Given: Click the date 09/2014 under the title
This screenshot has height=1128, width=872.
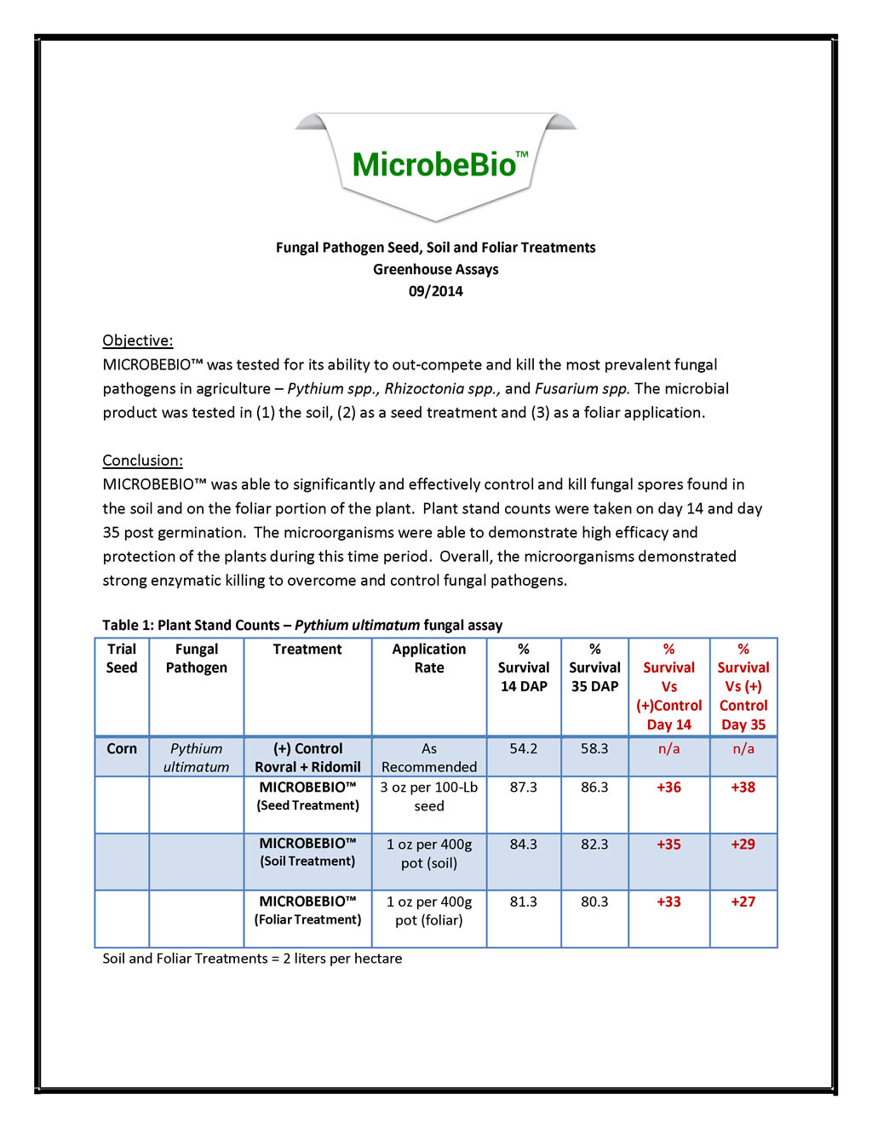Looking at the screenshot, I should coord(435,291).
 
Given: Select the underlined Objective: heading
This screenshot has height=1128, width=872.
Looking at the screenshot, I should coord(137,341).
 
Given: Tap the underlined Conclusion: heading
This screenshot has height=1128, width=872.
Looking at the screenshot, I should coord(142,461).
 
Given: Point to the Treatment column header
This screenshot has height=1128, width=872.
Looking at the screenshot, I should coord(307,650).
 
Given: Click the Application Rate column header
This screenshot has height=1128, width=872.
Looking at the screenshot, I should coord(428,658).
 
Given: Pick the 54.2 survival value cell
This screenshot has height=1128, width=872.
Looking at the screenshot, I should coord(523,749).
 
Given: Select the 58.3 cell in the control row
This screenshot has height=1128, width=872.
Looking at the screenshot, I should coord(594,749).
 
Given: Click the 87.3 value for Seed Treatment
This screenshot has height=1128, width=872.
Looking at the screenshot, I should coord(523,787).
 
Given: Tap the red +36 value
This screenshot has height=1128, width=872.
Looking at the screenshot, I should coord(668,787).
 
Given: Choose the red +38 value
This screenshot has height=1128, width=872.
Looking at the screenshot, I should coord(743,787).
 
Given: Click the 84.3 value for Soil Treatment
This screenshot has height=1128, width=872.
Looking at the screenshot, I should coord(523,845).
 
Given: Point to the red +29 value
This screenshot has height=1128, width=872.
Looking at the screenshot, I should coord(743,845).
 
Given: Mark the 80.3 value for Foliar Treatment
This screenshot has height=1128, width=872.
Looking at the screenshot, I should coord(594,902).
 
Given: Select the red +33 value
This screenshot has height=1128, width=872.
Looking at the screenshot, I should coord(668,902).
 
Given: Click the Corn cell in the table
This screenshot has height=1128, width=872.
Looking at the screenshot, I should coord(122,749).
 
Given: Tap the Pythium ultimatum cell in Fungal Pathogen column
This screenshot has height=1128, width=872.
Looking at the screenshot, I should coord(196,758).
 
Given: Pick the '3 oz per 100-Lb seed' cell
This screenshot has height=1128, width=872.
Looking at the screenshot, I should coord(428,797).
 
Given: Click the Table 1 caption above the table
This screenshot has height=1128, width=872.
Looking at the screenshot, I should coord(302,625).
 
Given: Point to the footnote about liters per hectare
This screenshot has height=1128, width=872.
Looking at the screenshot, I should coord(252,959).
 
